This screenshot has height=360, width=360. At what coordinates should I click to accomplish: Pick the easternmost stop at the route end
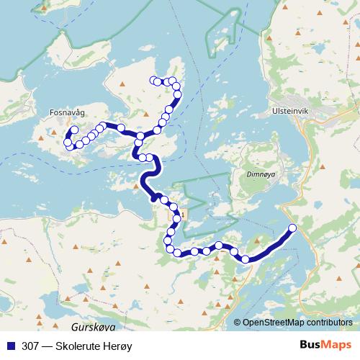(x=292, y=228)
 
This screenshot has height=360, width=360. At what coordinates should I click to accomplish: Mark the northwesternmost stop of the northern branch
(x=152, y=80)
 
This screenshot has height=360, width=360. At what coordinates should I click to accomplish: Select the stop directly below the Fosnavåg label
(x=74, y=130)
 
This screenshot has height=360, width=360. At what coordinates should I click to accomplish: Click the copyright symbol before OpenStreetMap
(x=238, y=323)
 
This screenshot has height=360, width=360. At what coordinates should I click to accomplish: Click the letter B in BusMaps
(x=303, y=346)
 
